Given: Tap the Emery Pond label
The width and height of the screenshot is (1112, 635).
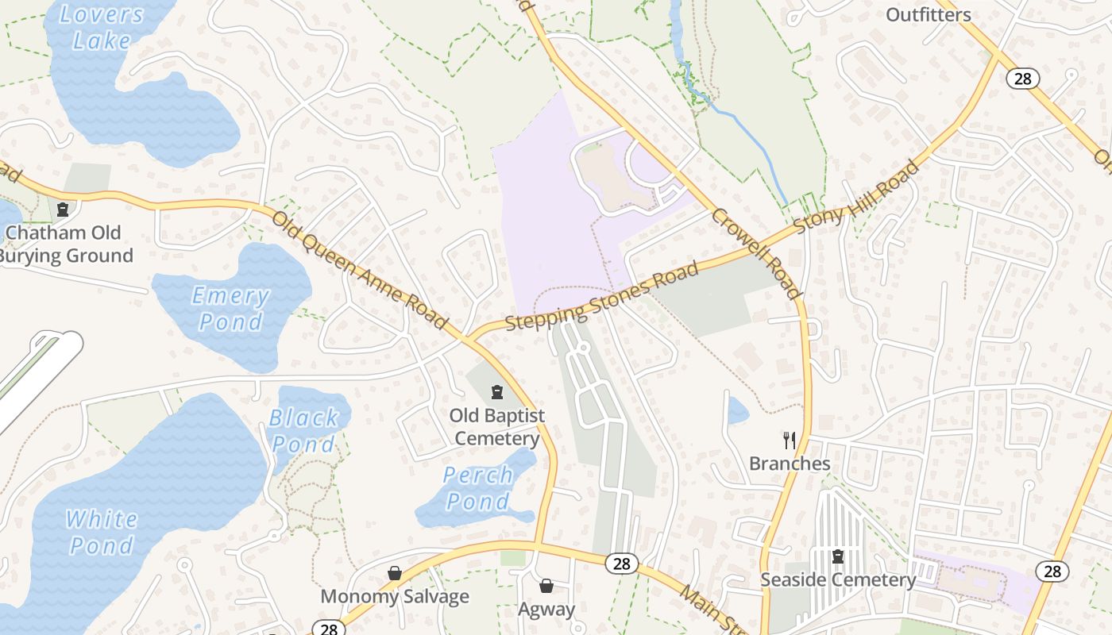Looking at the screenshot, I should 230,309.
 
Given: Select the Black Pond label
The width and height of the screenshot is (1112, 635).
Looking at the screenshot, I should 303,430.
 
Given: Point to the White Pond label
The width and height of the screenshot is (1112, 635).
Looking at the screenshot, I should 101,532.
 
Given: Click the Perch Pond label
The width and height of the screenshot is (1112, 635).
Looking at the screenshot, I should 477,488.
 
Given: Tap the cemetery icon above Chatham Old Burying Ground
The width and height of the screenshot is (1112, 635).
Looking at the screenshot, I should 63,210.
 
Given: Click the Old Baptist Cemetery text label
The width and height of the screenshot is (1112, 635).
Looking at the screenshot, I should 497,427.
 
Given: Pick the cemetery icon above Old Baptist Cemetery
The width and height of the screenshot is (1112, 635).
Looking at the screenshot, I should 497,392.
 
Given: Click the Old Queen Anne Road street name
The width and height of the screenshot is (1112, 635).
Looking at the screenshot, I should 360,269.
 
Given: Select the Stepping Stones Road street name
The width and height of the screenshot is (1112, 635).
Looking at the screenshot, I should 602,296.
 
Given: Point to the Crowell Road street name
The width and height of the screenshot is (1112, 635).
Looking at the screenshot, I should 755,253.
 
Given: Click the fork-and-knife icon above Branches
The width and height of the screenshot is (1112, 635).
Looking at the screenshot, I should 790,441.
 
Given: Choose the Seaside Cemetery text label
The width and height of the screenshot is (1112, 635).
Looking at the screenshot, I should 838,579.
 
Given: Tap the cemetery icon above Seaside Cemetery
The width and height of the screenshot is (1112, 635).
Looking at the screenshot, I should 837,556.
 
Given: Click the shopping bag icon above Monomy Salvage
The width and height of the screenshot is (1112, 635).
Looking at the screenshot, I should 395,573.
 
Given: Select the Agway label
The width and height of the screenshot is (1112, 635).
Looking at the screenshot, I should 546,609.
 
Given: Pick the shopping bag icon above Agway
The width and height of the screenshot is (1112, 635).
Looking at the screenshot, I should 546,587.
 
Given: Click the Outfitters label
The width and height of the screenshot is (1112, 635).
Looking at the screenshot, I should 928,14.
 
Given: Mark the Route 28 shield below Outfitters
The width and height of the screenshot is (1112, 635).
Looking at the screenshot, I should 1023,78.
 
